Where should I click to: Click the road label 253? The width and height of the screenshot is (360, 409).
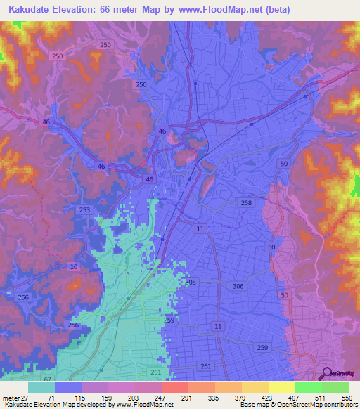pos(85,210)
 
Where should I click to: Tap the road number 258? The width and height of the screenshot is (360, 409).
pos(246,202)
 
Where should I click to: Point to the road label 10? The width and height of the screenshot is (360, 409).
pos(74,267)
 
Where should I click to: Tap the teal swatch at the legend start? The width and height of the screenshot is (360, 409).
pos(41,387)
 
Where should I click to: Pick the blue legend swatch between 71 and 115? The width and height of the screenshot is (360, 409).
pos(68,387)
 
